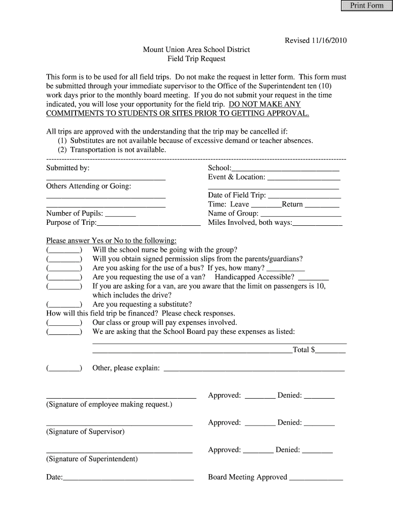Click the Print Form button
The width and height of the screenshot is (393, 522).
tap(366, 6)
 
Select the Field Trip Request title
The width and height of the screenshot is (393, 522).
tap(196, 59)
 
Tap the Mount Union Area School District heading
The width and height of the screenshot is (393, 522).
tap(196, 50)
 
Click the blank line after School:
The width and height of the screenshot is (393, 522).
tap(285, 168)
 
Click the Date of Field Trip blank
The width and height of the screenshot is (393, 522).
tap(304, 196)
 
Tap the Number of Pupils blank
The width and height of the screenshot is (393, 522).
tap(120, 214)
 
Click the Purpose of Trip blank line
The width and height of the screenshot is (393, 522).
tap(149, 223)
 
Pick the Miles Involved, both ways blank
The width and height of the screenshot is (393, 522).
tap(317, 223)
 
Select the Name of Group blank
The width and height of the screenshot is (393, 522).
tap(300, 214)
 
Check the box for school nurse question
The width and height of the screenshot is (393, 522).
tap(64, 250)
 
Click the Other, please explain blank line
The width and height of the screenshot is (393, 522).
tap(254, 369)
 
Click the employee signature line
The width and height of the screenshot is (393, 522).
tap(121, 396)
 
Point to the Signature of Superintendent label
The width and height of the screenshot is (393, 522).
tap(92, 459)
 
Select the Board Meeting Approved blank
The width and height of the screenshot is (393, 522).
tap(316, 478)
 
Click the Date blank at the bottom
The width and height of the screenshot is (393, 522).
tap(128, 478)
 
